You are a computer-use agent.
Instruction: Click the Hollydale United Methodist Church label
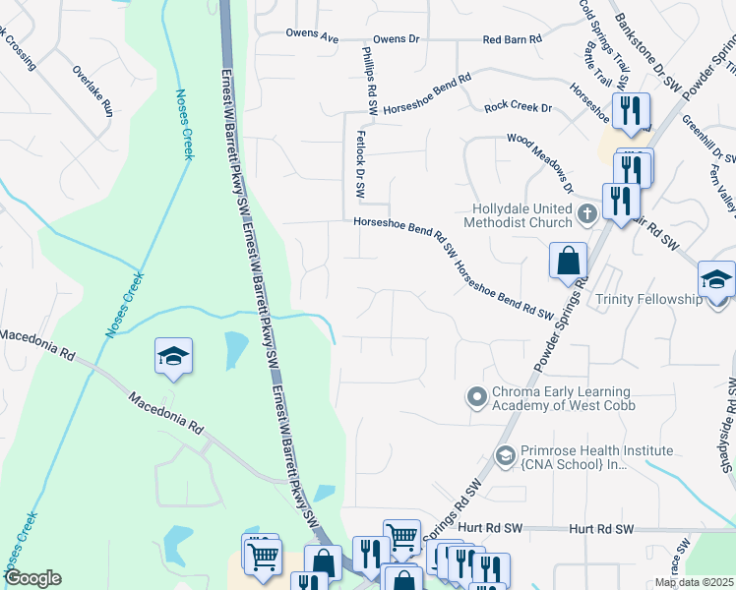click(521, 216)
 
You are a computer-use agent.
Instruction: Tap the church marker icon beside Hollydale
click(586, 212)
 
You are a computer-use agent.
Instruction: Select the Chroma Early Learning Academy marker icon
click(477, 397)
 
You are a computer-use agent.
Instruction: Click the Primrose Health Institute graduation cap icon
click(505, 454)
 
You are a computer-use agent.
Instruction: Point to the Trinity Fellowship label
click(649, 299)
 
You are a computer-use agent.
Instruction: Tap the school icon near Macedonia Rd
click(173, 356)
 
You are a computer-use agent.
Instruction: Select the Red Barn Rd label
click(512, 39)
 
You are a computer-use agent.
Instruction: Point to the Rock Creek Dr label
click(515, 106)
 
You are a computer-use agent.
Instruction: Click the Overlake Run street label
click(93, 90)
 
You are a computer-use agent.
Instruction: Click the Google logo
click(32, 578)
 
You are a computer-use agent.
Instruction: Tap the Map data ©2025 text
click(694, 582)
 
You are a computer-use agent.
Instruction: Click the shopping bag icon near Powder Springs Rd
click(568, 262)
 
